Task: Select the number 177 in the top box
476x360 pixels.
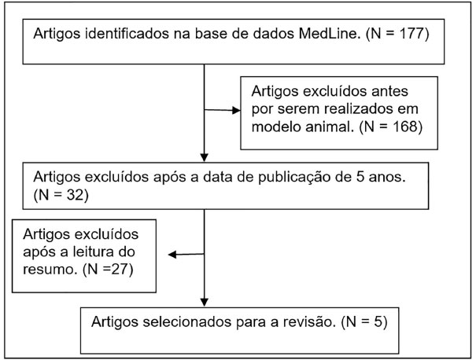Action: [x=411, y=33]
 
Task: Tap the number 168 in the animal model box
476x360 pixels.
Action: [x=404, y=127]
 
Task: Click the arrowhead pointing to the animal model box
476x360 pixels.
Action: [x=236, y=110]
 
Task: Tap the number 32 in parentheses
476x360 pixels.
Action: [x=75, y=195]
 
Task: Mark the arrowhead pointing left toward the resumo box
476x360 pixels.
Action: [x=172, y=255]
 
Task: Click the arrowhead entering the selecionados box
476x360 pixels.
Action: [x=205, y=302]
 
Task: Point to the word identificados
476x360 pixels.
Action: [x=127, y=33]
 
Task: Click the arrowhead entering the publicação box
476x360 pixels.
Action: [x=205, y=157]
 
